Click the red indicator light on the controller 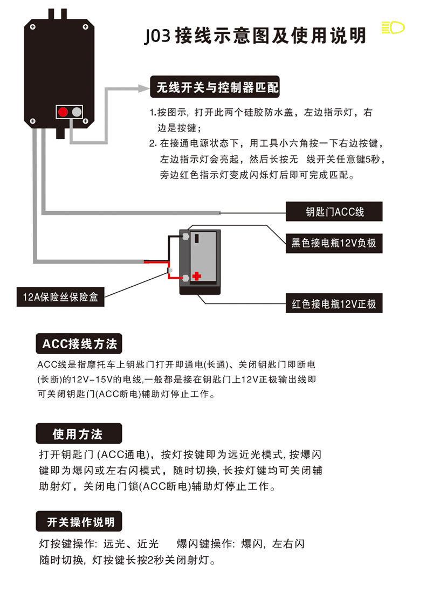click(x=63, y=112)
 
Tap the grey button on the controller click(x=77, y=112)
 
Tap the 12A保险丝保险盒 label click(x=60, y=296)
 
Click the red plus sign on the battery click(x=196, y=276)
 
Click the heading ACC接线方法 click(x=79, y=344)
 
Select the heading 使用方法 click(x=79, y=433)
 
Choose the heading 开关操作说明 click(x=80, y=522)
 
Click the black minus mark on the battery click(x=196, y=237)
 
